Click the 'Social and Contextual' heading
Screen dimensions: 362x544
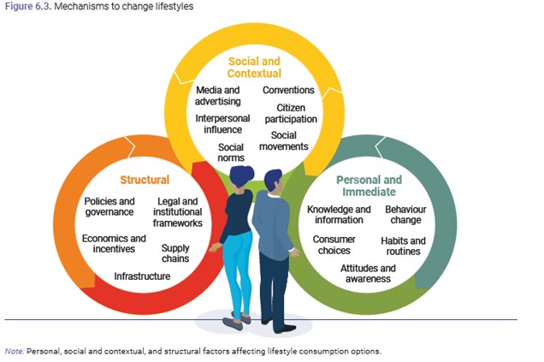click(254, 67)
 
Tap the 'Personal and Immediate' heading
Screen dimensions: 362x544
click(370, 186)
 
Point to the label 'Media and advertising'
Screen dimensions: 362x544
click(218, 96)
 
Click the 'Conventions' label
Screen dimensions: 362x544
click(288, 90)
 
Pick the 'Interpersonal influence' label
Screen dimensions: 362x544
click(219, 123)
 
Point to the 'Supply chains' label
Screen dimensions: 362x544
click(175, 253)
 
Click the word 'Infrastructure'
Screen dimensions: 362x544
click(142, 276)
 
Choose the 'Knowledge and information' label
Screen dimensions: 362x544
click(339, 214)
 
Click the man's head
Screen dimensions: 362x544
click(274, 181)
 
